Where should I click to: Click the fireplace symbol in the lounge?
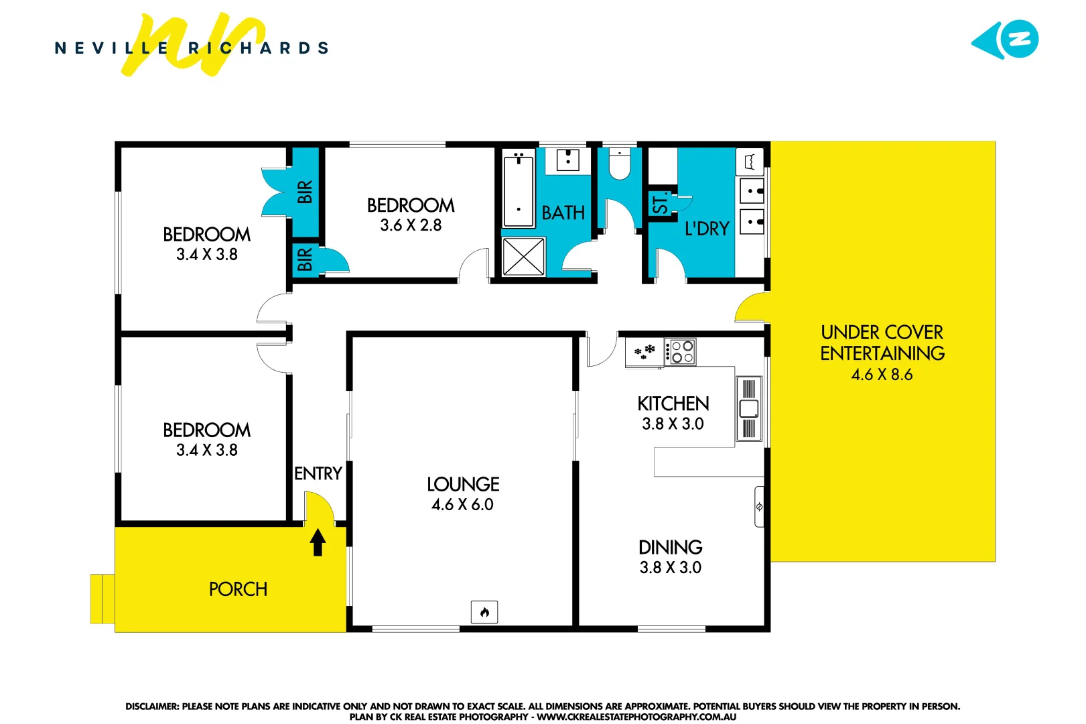[484, 611]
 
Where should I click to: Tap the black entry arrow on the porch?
[318, 542]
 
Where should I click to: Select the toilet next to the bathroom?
[620, 165]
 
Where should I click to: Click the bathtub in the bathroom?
[519, 190]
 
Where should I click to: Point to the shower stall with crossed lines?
[523, 256]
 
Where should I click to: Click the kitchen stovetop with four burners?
[681, 352]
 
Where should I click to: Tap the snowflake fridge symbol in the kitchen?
[644, 352]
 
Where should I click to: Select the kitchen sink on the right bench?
[749, 408]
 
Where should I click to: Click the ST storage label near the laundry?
[661, 203]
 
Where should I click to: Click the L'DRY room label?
[706, 229]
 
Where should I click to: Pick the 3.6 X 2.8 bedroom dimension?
[411, 225]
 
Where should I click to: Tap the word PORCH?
[238, 589]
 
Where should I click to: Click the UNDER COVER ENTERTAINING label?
[882, 343]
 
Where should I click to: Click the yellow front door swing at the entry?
[319, 507]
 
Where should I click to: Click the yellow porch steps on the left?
[103, 599]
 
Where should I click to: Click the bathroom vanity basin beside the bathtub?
[567, 160]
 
